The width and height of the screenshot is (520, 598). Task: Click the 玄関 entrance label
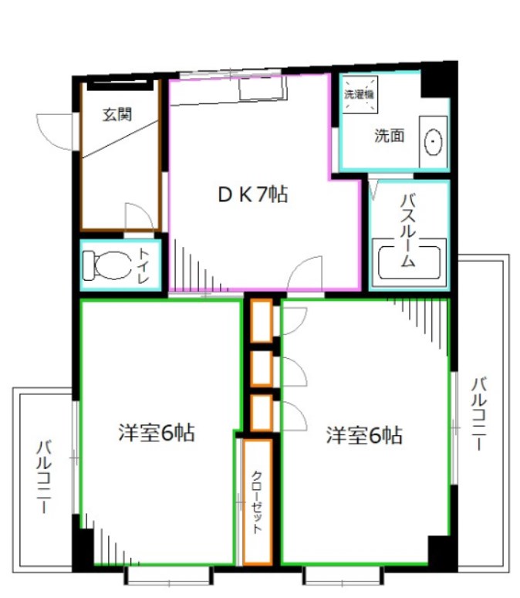(x=116, y=116)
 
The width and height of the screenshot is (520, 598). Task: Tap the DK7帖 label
(x=252, y=195)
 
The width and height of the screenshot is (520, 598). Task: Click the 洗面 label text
(x=389, y=137)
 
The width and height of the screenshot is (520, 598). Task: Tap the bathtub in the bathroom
(x=409, y=262)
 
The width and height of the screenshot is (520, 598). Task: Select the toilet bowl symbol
(x=109, y=265)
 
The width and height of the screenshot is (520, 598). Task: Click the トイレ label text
(x=145, y=264)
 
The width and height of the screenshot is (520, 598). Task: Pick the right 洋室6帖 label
(x=363, y=435)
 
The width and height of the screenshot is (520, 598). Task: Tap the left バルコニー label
(x=44, y=477)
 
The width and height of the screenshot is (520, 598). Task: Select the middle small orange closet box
(x=262, y=368)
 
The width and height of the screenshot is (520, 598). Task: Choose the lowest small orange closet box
(x=262, y=413)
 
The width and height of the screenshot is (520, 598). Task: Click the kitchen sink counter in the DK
(x=261, y=90)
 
